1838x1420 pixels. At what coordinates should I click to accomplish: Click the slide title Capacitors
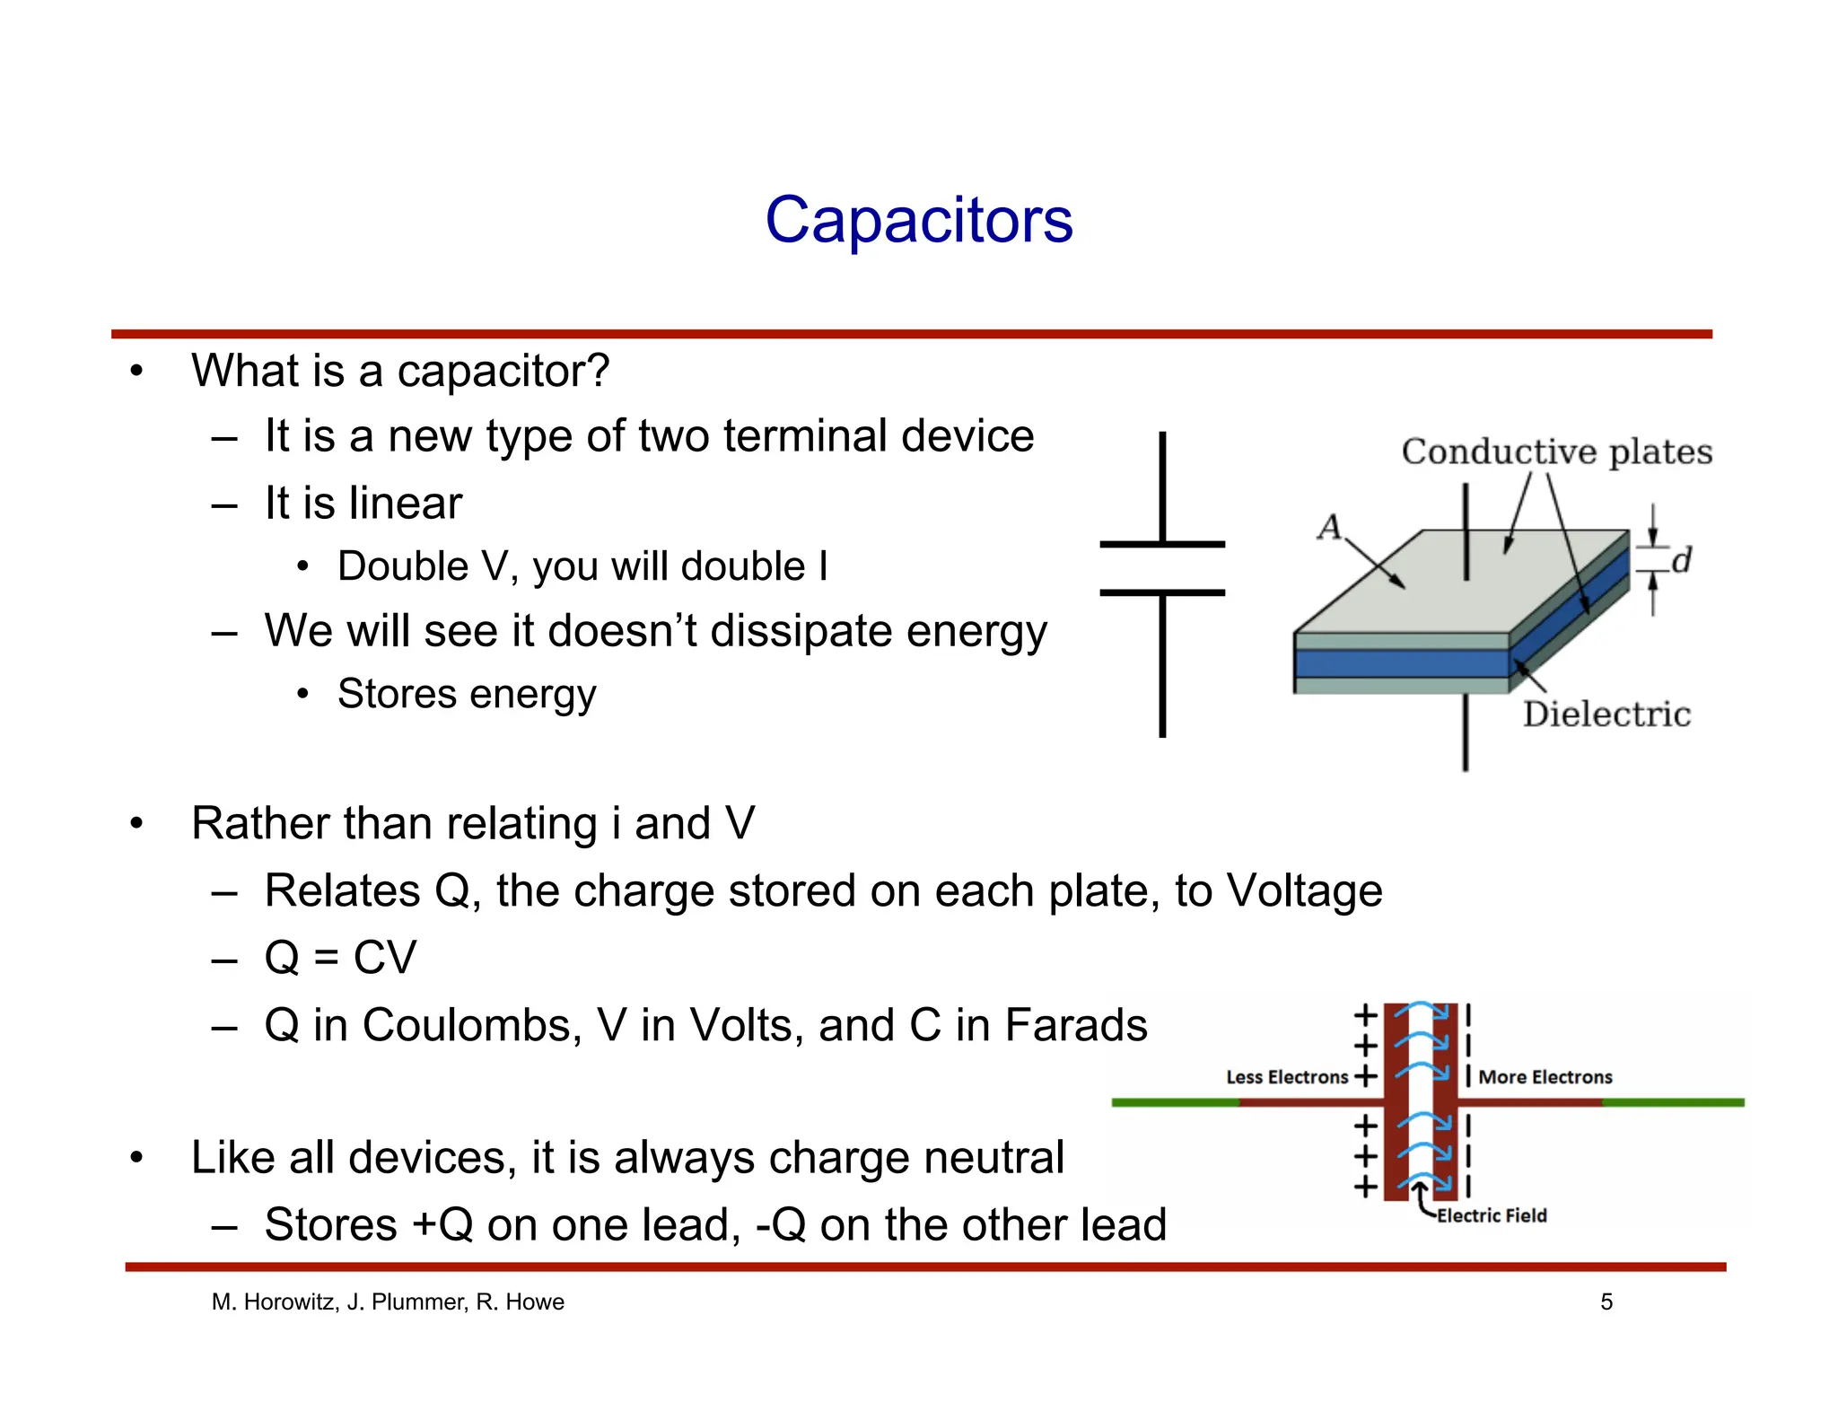coord(918,220)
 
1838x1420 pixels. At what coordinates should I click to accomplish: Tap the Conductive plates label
coord(1556,451)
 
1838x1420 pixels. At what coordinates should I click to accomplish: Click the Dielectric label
coord(1606,714)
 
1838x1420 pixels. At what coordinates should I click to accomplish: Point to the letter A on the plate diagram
coord(1328,528)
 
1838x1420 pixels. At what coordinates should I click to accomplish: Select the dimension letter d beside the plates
coord(1681,560)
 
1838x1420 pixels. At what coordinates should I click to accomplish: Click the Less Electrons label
coord(1286,1077)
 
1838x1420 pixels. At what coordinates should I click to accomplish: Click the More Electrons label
coord(1545,1077)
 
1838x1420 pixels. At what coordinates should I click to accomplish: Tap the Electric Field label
coord(1491,1215)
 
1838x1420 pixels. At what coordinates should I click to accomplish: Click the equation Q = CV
coord(340,957)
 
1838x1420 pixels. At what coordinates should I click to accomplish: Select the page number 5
coord(1606,1302)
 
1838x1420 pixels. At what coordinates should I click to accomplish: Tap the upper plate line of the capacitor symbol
coord(1161,544)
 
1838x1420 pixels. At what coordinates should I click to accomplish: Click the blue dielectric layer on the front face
coord(1400,663)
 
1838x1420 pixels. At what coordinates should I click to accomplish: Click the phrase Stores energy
coord(466,694)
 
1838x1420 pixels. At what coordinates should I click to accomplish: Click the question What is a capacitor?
coord(400,371)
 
